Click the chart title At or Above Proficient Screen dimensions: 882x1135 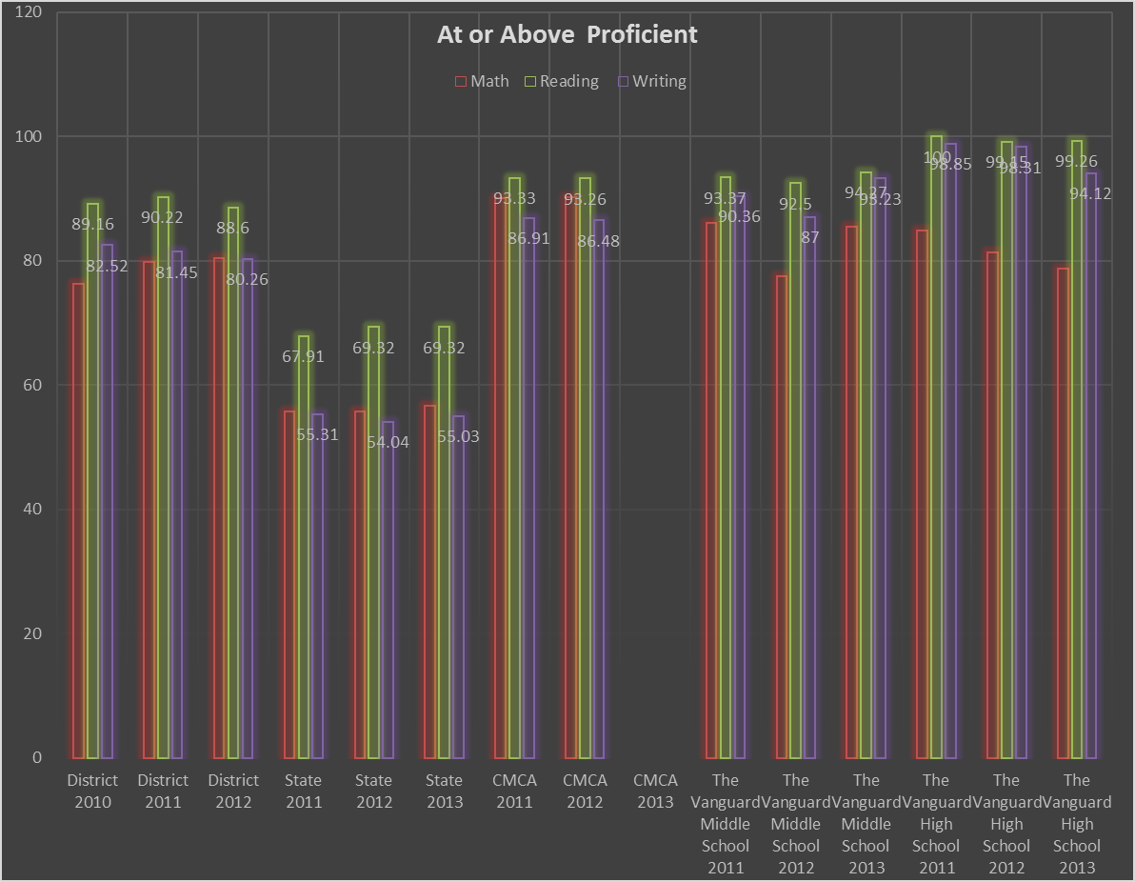point(567,35)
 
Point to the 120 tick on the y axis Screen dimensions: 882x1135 point(30,12)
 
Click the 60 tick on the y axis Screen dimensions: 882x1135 point(33,385)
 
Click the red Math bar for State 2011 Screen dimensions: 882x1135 point(289,585)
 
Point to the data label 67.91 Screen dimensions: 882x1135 point(304,357)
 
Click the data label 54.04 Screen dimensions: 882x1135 point(388,443)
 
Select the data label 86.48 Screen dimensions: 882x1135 point(598,242)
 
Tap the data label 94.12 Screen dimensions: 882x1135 point(1090,194)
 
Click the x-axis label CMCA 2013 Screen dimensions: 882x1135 point(655,792)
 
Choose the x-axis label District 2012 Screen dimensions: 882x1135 point(233,792)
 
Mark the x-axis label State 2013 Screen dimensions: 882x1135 point(444,792)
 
